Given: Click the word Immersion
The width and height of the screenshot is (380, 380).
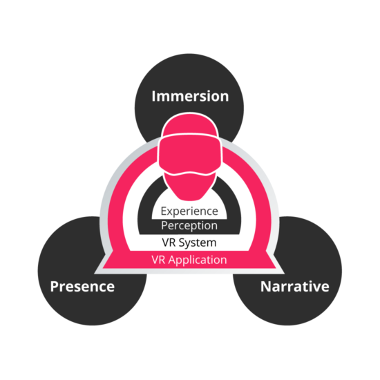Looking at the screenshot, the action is click(190, 96).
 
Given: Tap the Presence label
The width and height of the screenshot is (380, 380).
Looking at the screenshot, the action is click(82, 287).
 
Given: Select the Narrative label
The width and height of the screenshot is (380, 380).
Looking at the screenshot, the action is click(295, 287).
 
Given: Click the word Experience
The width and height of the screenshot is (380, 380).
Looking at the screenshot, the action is click(189, 211).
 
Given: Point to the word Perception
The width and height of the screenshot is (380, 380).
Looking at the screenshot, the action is click(189, 226).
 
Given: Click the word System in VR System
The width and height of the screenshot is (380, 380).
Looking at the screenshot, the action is click(198, 243).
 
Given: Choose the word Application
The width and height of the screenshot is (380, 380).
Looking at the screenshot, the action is click(198, 260).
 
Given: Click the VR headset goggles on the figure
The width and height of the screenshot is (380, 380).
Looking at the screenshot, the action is click(190, 155).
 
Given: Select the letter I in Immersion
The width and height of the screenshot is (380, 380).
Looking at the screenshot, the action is click(153, 96).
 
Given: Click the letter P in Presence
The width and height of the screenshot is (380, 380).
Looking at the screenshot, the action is click(55, 286).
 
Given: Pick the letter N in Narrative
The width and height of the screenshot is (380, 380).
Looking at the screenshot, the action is click(265, 286).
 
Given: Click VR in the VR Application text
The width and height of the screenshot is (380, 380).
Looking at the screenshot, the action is click(159, 260).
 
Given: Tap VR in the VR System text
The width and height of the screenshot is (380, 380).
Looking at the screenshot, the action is click(169, 243).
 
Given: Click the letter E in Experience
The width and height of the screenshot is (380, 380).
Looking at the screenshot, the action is click(164, 211).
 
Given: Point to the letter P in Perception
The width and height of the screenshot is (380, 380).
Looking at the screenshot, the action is click(164, 225).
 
